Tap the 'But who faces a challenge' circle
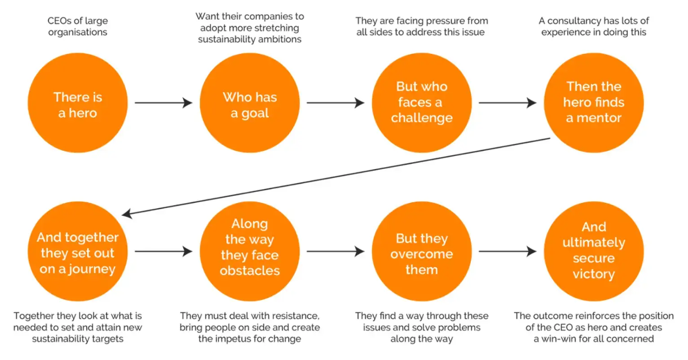[421, 102]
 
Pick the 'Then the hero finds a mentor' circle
[593, 102]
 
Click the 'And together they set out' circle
[77, 252]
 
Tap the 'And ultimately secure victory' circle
[593, 251]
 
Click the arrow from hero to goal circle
[163, 103]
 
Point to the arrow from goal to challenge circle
[335, 103]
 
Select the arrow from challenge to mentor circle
[507, 103]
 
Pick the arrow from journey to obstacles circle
[163, 251]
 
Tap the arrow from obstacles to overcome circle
[335, 251]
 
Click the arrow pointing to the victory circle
[507, 251]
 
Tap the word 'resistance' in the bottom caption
[296, 316]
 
